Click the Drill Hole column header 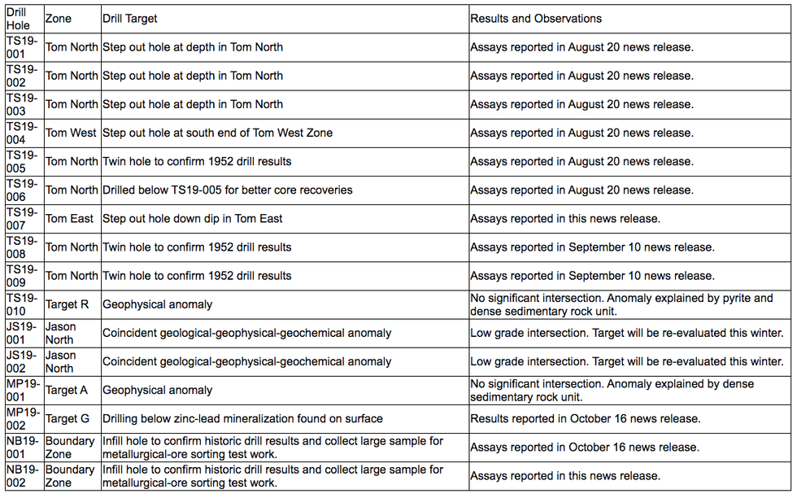point(19,19)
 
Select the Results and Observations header point(536,19)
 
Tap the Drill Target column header point(130,19)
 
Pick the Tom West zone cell point(71,133)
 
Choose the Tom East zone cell point(69,218)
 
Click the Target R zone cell point(68,304)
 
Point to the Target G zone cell point(68,418)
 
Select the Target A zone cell point(67,390)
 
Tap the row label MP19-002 point(23,418)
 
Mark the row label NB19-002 point(23,476)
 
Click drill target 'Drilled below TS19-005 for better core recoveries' point(227,190)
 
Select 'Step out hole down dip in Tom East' point(193,218)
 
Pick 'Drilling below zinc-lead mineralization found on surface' point(242,418)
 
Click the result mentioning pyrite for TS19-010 point(621,304)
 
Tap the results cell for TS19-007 point(565,218)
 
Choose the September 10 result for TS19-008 point(592,247)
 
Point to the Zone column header point(58,19)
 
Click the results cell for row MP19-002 point(585,418)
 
